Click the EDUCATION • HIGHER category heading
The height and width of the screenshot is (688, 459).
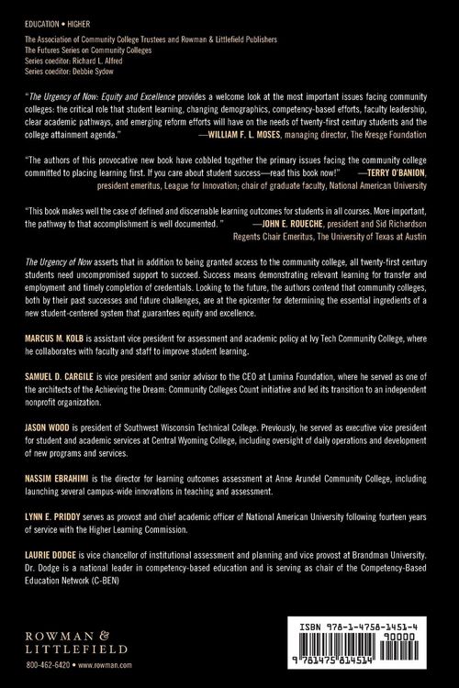pyautogui.click(x=57, y=16)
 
